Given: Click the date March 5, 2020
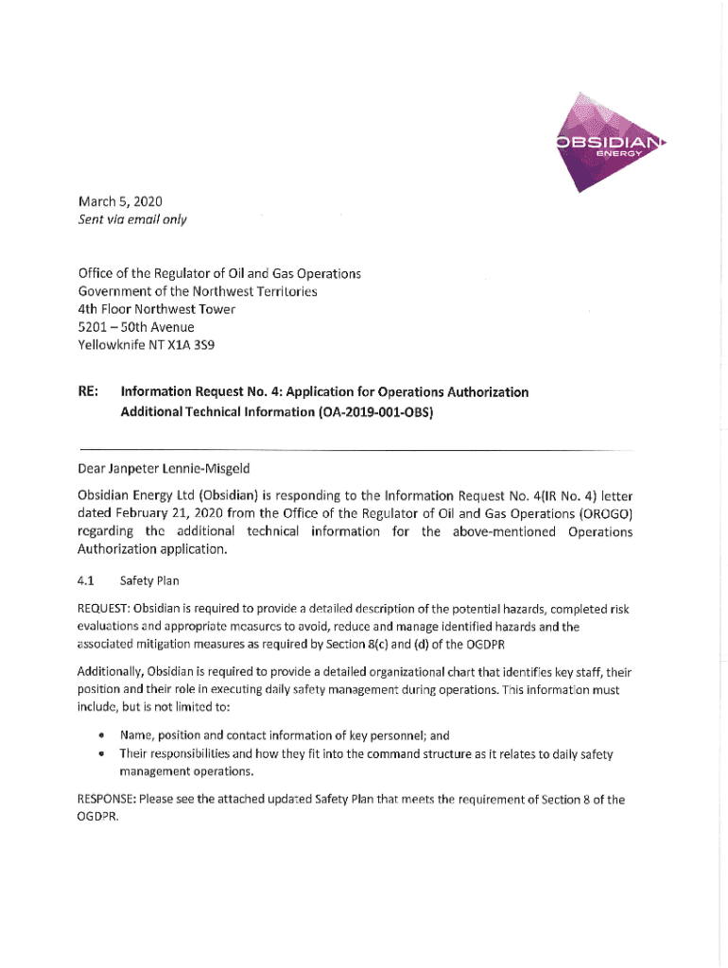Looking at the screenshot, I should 120,200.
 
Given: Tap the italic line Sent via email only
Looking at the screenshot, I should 131,220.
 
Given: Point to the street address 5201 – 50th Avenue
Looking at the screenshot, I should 136,327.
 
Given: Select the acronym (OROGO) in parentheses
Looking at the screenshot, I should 600,513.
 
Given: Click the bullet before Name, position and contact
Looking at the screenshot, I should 100,735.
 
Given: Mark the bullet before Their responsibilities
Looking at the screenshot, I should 100,753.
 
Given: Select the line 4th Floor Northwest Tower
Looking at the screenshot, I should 156,309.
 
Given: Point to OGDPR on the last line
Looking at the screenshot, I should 98,818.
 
